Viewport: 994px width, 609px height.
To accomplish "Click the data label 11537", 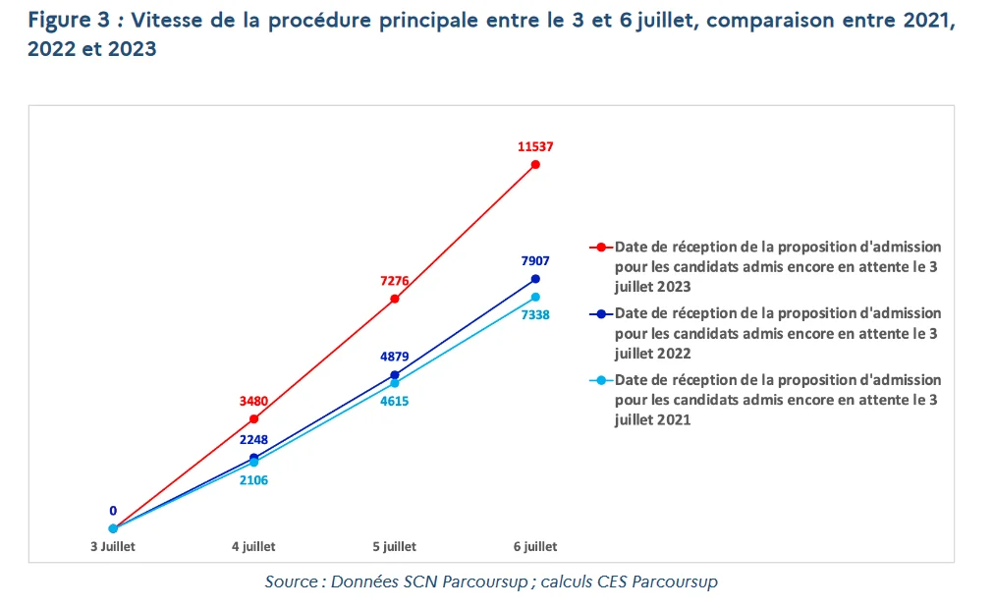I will [535, 146].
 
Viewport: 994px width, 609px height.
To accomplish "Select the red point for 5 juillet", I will [395, 299].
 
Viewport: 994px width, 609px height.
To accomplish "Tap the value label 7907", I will [535, 260].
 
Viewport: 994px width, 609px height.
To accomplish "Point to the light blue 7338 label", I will [535, 315].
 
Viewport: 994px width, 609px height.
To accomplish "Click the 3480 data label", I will [254, 401].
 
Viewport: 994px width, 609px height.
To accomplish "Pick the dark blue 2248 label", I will [254, 439].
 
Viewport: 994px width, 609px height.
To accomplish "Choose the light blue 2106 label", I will [254, 480].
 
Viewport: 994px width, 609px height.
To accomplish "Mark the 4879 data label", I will [395, 357].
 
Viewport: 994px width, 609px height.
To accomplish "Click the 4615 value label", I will [395, 401].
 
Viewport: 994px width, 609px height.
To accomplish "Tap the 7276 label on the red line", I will [395, 280].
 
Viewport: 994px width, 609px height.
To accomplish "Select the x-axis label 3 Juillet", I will [113, 546].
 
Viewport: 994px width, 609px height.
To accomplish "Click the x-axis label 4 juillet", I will [253, 546].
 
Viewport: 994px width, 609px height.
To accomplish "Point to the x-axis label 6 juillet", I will [535, 546].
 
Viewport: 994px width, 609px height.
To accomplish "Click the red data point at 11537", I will [535, 164].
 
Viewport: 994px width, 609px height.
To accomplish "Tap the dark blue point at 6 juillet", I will [535, 279].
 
